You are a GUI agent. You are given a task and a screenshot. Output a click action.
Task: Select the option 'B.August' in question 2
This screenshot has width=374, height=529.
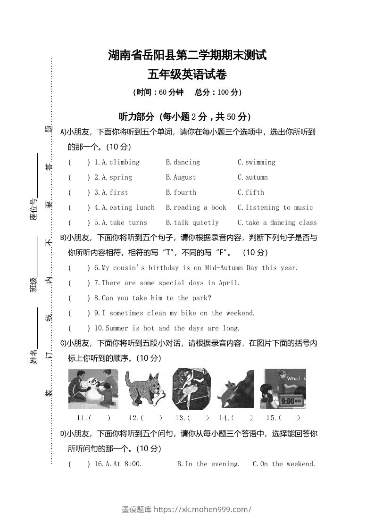click(x=181, y=177)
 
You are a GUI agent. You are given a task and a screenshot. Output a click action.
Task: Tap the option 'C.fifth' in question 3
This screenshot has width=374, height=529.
click(x=251, y=192)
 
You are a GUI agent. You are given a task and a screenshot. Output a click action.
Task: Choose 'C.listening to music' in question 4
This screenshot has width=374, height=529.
click(x=275, y=207)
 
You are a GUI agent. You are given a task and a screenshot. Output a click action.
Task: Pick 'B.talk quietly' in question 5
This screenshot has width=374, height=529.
click(x=192, y=223)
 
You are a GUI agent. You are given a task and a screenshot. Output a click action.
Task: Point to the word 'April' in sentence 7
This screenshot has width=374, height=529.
click(x=229, y=283)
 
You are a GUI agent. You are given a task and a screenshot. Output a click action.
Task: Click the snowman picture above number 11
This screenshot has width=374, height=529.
click(x=93, y=389)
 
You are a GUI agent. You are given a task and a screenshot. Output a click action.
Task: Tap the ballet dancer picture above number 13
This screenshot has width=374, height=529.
click(x=191, y=389)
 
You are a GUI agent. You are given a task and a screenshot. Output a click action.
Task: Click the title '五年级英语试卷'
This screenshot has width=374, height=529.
click(x=187, y=74)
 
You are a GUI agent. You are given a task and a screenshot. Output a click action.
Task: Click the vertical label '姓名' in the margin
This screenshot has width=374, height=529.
click(x=33, y=357)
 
